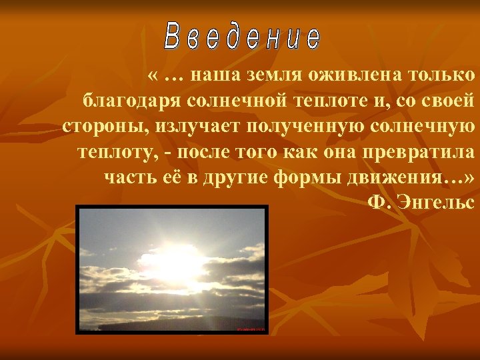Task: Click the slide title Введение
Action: [x=242, y=38]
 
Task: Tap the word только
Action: [x=443, y=76]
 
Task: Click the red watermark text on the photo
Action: [x=251, y=329]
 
